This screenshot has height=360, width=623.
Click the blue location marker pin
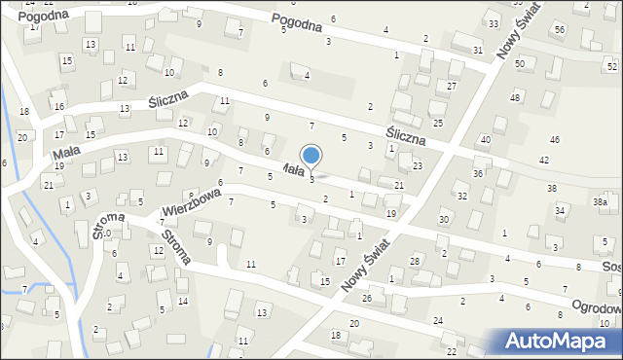pos(311,156)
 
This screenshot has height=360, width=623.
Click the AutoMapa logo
pos(557,341)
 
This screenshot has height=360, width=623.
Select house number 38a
pos(601,201)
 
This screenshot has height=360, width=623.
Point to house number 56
pos(560,30)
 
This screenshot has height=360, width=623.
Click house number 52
pos(611,65)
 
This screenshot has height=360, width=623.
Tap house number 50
pos(520,63)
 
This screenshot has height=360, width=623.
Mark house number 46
pos(554,141)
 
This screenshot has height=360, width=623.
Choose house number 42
pos(544,160)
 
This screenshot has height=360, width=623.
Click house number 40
pos(485,140)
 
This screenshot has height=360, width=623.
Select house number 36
pos(478,173)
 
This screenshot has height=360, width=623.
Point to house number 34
pos(560,210)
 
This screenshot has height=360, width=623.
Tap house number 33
pos(494,23)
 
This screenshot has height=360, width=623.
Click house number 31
pos(478,50)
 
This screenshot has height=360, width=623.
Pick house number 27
pos(452,87)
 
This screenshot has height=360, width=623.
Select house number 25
pos(438,123)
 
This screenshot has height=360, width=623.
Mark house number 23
pos(417,166)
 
